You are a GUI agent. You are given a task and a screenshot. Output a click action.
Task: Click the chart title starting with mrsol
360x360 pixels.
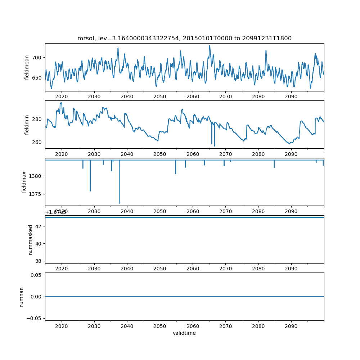pyautogui.click(x=184, y=38)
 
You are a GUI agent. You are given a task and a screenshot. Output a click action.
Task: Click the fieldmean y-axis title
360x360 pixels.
pyautogui.click(x=27, y=68)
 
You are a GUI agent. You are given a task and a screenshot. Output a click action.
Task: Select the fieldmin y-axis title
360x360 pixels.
pyautogui.click(x=27, y=125)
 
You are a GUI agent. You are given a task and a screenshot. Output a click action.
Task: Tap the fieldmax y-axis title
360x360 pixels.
pyautogui.click(x=24, y=182)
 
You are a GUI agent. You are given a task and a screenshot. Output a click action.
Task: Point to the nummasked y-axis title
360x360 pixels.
pyautogui.click(x=31, y=239)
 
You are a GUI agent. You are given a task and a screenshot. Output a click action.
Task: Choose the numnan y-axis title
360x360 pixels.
pyautogui.click(x=22, y=297)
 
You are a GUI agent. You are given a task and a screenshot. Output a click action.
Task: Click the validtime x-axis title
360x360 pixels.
pyautogui.click(x=184, y=333)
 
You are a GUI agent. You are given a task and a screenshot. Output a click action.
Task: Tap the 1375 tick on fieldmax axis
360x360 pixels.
pyautogui.click(x=35, y=194)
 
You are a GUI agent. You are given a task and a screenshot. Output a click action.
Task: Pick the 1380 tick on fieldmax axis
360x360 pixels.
pyautogui.click(x=35, y=176)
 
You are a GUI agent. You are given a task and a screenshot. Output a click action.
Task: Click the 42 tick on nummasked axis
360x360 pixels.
pyautogui.click(x=39, y=226)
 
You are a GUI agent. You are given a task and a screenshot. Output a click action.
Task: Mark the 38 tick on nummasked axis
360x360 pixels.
pyautogui.click(x=39, y=261)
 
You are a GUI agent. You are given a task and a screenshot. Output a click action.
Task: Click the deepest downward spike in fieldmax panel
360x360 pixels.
pyautogui.click(x=119, y=203)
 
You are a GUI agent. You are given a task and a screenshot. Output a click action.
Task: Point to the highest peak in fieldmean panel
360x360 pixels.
pyautogui.click(x=210, y=46)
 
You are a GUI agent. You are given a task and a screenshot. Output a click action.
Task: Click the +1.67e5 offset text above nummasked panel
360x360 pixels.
pyautogui.click(x=56, y=212)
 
